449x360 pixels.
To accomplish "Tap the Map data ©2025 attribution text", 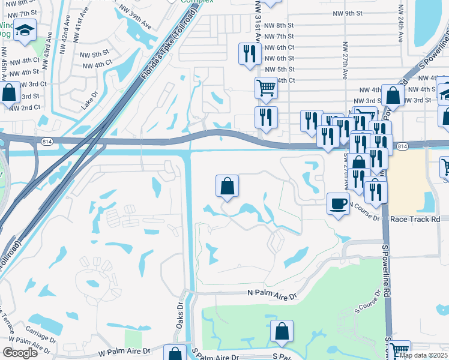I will [x=424, y=355].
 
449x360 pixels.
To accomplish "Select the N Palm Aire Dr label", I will [x=273, y=296].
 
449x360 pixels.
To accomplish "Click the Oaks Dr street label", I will [x=179, y=314].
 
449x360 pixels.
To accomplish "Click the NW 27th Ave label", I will [x=345, y=54].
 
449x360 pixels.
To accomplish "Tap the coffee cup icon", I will [x=339, y=204].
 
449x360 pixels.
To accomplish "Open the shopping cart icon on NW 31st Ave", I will [x=266, y=88].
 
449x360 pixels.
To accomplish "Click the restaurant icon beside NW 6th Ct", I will [x=248, y=54].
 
